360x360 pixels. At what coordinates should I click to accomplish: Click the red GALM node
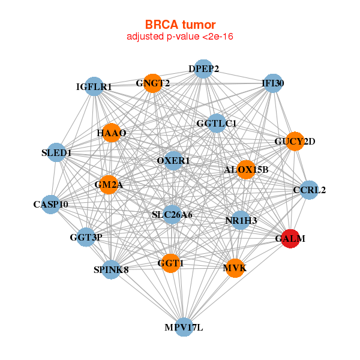290,239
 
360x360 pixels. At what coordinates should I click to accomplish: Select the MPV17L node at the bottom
184,327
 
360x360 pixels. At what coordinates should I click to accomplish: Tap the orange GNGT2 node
152,83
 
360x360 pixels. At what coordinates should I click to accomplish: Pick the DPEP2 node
203,68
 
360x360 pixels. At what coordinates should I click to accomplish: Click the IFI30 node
273,83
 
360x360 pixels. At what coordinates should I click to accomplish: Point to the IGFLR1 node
94,86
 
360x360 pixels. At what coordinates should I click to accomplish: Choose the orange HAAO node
112,133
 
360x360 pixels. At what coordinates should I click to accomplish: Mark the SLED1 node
56,152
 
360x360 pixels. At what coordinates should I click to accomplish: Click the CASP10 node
51,205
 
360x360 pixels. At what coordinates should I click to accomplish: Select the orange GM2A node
109,185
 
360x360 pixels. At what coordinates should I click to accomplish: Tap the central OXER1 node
173,160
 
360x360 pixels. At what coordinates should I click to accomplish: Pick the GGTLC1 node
216,123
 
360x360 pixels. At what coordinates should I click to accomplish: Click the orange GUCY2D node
295,141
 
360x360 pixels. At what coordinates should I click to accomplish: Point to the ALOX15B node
246,170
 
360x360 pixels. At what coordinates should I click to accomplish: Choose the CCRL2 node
309,190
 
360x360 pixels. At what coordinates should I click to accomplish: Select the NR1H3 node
241,220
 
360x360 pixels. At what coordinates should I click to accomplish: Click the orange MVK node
235,268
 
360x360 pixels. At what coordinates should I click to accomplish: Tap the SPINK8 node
111,269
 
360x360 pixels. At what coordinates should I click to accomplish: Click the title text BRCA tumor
180,25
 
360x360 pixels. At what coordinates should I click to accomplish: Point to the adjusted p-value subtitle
180,37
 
